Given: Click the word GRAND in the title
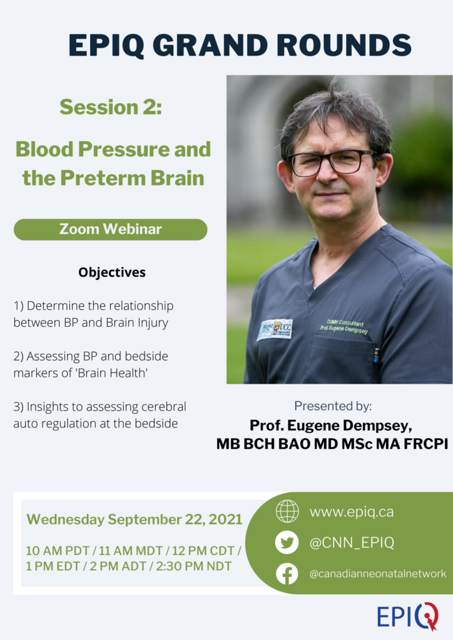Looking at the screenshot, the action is pyautogui.click(x=212, y=44).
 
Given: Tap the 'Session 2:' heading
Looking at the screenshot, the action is pyautogui.click(x=111, y=107).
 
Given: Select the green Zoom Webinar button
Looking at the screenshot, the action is pyautogui.click(x=110, y=229).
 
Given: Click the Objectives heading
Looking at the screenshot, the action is pyautogui.click(x=112, y=272).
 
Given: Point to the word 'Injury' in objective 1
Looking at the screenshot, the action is pyautogui.click(x=153, y=323).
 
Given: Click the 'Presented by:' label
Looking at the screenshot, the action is pyautogui.click(x=333, y=406).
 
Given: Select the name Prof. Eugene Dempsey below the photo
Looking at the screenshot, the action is pyautogui.click(x=330, y=425).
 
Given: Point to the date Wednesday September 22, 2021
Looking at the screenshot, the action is pyautogui.click(x=135, y=519).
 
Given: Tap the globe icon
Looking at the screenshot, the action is pyautogui.click(x=287, y=511).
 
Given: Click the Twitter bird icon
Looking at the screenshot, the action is pyautogui.click(x=287, y=542).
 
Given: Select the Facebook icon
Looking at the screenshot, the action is pyautogui.click(x=287, y=574).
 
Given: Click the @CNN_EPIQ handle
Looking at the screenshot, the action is pyautogui.click(x=352, y=542).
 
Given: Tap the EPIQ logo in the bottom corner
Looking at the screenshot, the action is pyautogui.click(x=407, y=616).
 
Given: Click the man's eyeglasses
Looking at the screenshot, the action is pyautogui.click(x=331, y=161).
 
